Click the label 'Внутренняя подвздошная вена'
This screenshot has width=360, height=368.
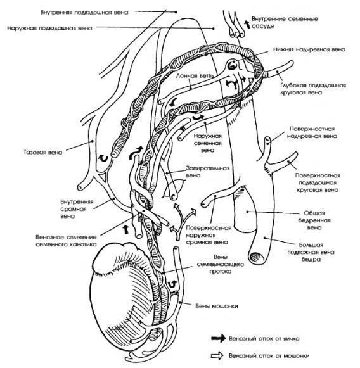click(x=84, y=12)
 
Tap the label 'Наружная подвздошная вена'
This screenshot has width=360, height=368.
click(x=49, y=28)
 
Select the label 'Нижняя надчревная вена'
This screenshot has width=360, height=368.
click(x=309, y=49)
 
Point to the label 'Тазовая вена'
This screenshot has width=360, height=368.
click(x=43, y=152)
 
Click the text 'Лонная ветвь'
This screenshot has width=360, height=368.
click(x=195, y=76)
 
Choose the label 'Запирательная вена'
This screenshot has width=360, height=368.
click(x=208, y=172)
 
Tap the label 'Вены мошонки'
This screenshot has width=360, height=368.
click(x=217, y=306)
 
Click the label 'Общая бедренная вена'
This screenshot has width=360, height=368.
click(x=314, y=220)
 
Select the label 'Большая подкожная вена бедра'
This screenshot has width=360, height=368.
click(x=311, y=252)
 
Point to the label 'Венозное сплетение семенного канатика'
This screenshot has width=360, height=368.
click(x=66, y=241)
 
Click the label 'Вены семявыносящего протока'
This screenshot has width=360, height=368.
click(x=221, y=264)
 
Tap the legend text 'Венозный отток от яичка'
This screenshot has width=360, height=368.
click(x=264, y=339)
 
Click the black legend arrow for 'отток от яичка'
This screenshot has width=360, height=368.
click(x=218, y=338)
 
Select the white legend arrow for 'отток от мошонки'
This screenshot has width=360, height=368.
click(x=217, y=356)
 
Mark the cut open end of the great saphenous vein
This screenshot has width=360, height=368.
click(x=257, y=258)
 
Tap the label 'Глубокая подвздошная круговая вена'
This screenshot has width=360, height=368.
click(x=313, y=89)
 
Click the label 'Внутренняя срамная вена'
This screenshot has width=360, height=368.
click(x=74, y=208)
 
